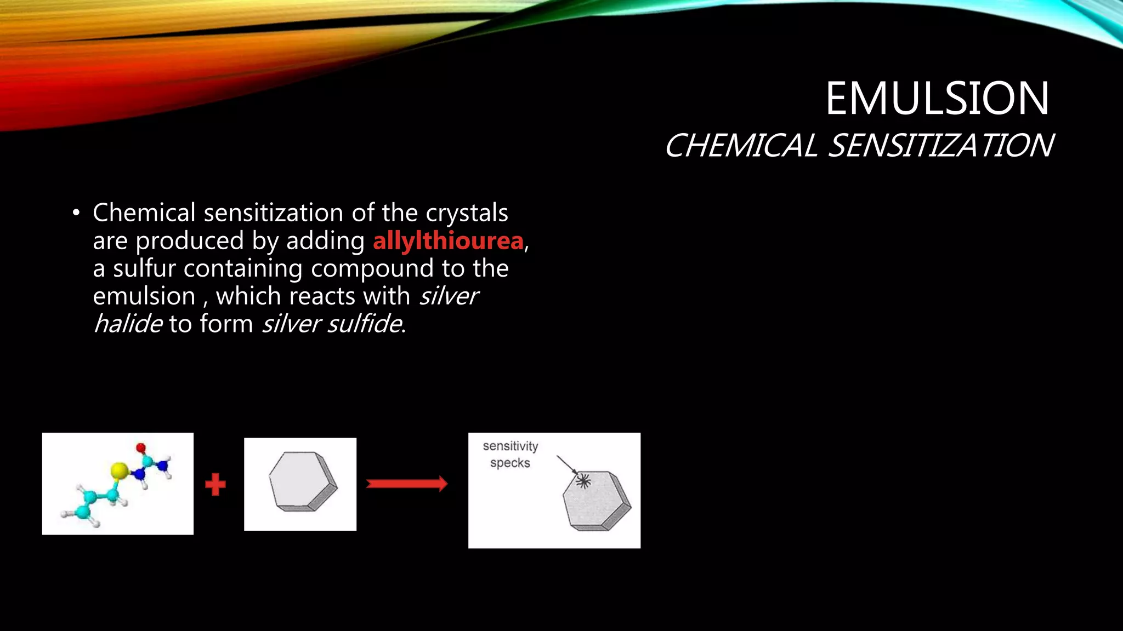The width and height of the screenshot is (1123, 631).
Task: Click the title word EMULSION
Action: (937, 99)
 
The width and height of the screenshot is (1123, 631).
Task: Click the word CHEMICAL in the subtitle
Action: (740, 146)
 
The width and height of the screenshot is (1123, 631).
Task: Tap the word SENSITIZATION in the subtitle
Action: (940, 146)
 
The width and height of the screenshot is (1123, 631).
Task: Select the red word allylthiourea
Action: (448, 241)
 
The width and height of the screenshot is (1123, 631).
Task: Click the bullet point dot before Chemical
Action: (76, 213)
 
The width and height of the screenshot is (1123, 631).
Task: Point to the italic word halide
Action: (128, 324)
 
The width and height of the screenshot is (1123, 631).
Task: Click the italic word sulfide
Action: (365, 324)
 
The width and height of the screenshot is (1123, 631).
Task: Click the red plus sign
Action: (215, 484)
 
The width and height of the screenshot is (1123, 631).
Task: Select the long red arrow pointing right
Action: (406, 484)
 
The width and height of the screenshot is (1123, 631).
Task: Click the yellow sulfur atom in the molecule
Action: (119, 470)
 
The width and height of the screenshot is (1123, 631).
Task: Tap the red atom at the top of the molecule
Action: (141, 448)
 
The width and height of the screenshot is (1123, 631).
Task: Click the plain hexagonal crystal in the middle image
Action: (302, 481)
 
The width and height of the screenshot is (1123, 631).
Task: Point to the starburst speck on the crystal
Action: (583, 481)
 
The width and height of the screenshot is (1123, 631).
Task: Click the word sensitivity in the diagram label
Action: (510, 446)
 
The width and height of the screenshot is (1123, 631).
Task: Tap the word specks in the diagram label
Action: (510, 463)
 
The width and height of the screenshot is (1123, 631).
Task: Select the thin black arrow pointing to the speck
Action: (566, 464)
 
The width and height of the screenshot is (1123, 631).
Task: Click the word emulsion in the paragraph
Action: (144, 296)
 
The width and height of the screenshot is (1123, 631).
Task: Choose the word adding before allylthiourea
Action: (325, 241)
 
